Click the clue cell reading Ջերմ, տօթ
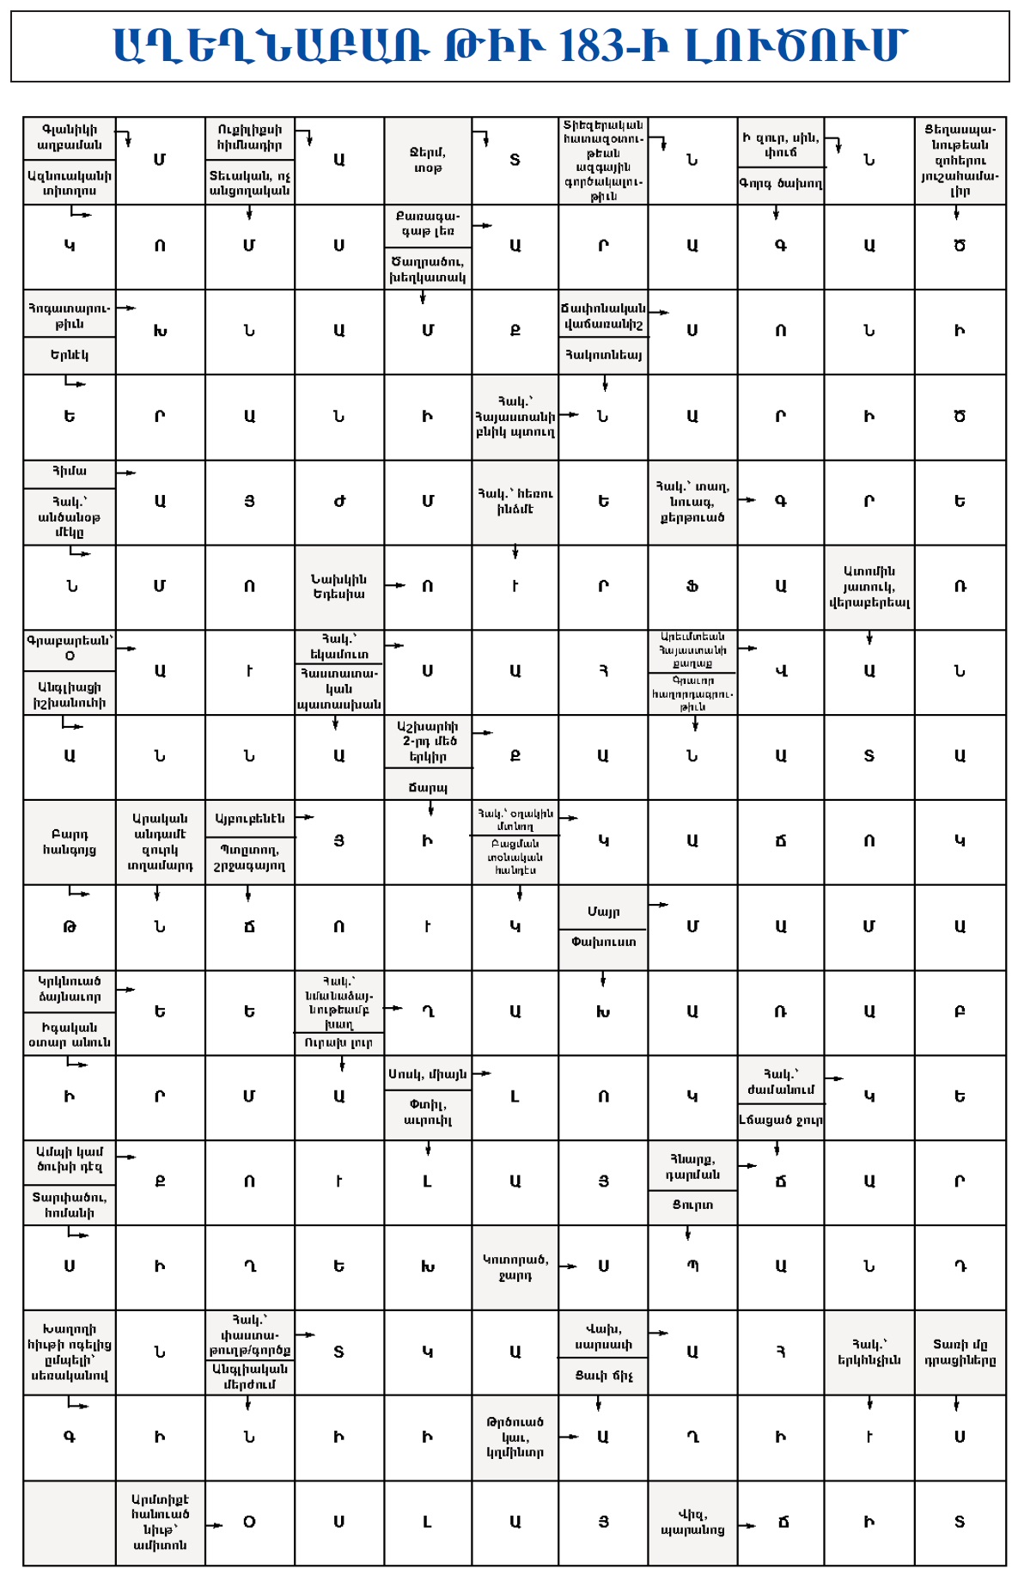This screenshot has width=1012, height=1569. [x=427, y=160]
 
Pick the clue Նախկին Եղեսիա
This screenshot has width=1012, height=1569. [x=338, y=586]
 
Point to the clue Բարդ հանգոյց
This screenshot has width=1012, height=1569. [x=69, y=842]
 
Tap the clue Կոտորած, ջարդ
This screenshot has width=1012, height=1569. [x=515, y=1267]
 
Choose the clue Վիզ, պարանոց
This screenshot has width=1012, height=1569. [x=692, y=1522]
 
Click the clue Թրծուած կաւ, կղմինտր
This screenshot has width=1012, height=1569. [x=515, y=1437]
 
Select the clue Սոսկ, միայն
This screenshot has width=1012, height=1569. [x=427, y=1073]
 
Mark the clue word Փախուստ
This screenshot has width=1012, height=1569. [x=602, y=942]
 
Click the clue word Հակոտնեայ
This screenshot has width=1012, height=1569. [x=602, y=355]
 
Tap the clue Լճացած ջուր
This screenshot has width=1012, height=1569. [x=780, y=1120]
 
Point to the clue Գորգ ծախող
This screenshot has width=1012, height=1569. [x=780, y=183]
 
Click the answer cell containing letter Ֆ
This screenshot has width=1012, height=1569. [x=692, y=587]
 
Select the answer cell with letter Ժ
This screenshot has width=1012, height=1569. [x=338, y=502]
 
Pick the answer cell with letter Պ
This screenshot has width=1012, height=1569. [x=692, y=1267]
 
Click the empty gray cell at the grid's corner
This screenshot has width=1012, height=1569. [x=69, y=1522]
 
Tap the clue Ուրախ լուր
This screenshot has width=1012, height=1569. [x=338, y=1043]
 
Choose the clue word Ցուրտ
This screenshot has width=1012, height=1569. [x=692, y=1205]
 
